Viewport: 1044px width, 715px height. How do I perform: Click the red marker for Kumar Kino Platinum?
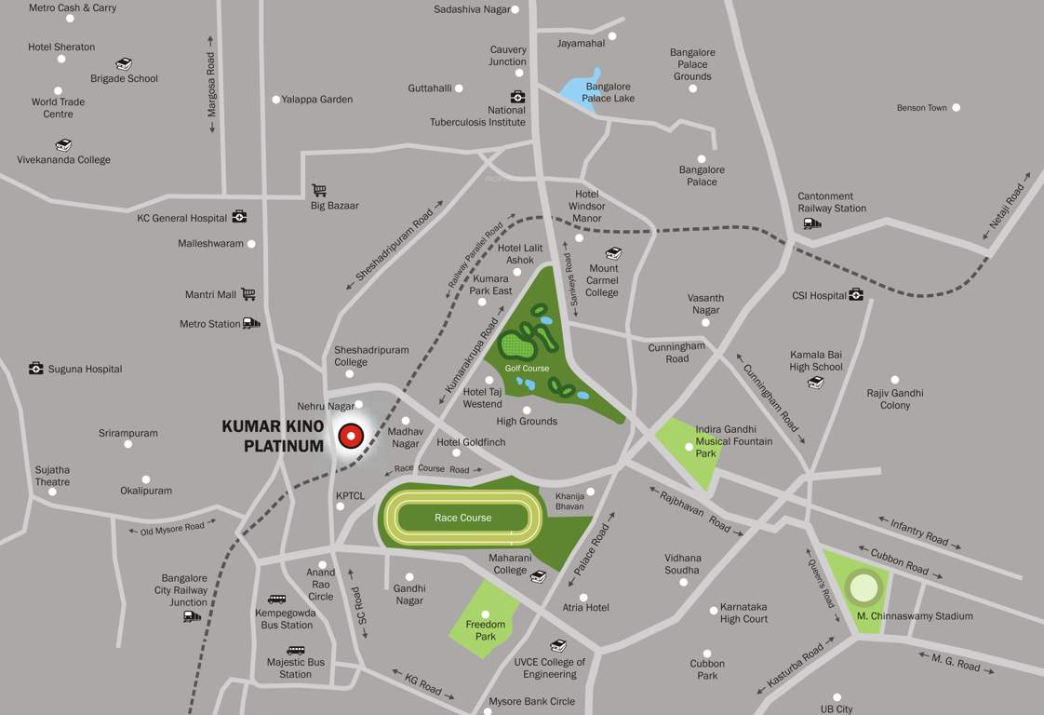coord(351,435)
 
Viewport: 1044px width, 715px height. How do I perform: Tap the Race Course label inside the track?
coord(462,518)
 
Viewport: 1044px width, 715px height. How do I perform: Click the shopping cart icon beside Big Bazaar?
coord(319,190)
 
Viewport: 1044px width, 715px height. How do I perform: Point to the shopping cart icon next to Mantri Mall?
coord(248,294)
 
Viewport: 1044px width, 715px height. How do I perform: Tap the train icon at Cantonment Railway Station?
coord(811,223)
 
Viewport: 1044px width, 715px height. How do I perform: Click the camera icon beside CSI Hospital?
coord(856,295)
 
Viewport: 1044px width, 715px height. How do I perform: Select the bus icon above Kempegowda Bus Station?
coord(276,600)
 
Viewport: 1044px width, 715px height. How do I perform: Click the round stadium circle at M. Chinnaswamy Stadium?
coord(863,587)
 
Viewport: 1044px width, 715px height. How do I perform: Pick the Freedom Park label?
coord(486,630)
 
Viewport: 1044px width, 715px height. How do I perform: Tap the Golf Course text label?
coord(528,369)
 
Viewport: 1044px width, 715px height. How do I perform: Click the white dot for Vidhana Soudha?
coord(683,582)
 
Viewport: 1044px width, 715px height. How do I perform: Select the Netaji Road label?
coord(1007,207)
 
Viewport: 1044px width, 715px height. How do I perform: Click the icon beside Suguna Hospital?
coord(35,369)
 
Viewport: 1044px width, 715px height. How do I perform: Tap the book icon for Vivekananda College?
coord(63,145)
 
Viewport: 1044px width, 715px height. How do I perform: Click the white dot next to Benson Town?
coord(956,108)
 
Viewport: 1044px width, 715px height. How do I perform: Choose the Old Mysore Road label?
coord(172,528)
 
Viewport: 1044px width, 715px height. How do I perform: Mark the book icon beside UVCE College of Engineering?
coord(557,646)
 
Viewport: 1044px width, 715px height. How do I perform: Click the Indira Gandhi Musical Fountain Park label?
coord(734,441)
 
